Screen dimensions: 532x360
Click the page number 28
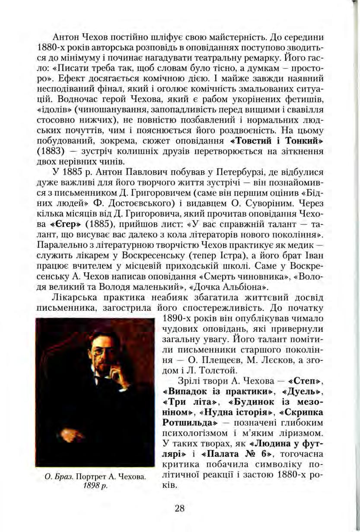pos(180,508)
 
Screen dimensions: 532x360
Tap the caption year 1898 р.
pos(94,485)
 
